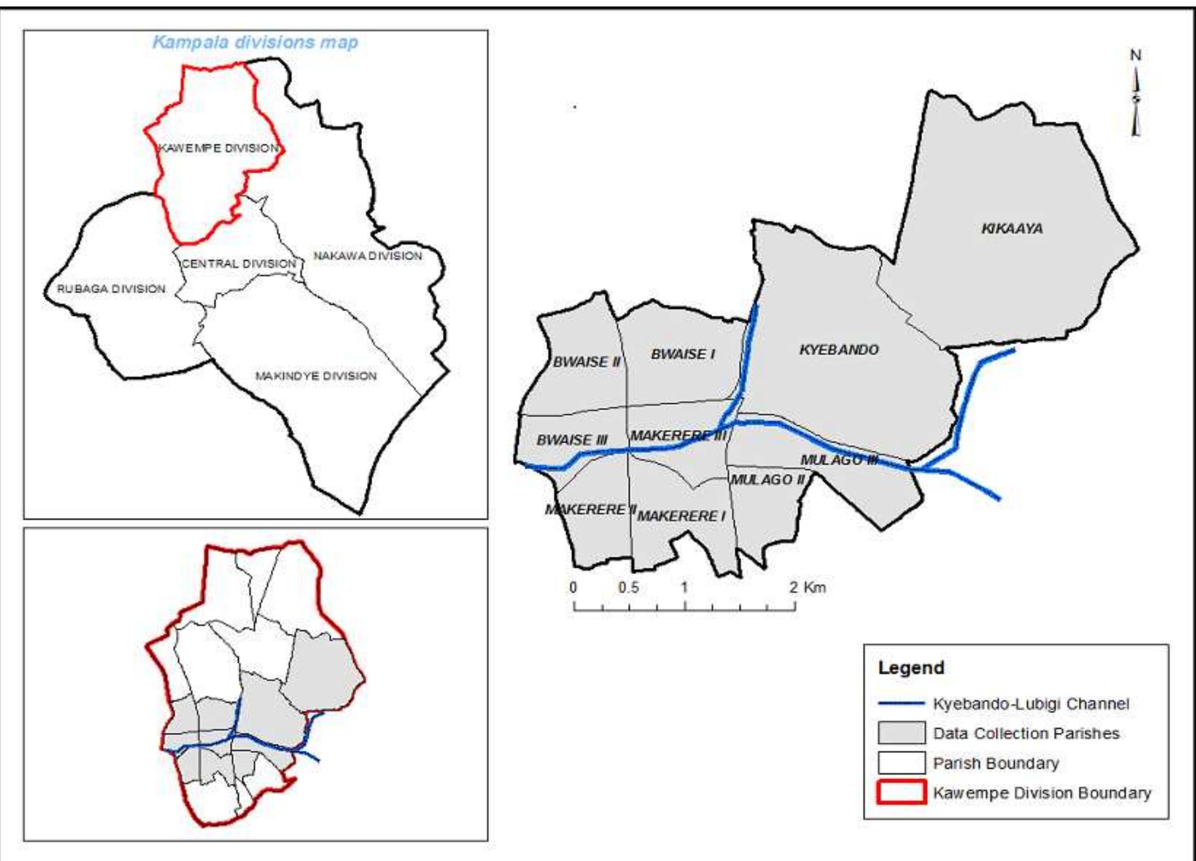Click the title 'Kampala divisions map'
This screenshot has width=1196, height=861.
(x=255, y=42)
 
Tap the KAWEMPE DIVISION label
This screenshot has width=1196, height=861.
(x=218, y=148)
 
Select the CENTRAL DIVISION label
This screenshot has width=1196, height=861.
(x=239, y=263)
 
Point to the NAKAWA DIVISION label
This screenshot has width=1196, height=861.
(x=368, y=256)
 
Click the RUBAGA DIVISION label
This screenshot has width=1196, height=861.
(x=111, y=288)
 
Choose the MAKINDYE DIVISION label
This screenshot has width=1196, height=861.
(x=316, y=376)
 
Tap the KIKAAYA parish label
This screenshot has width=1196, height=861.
(x=1012, y=228)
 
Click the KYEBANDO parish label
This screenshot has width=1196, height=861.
(x=839, y=350)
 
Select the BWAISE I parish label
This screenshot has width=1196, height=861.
(x=683, y=354)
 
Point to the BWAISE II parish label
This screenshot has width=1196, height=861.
(x=587, y=362)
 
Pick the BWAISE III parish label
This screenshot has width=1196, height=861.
(x=572, y=440)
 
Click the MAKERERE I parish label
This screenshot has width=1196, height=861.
(x=682, y=516)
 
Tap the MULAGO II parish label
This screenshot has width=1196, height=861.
(x=768, y=480)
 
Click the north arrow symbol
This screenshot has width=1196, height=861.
(x=1135, y=98)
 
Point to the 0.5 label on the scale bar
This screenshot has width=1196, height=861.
(x=628, y=588)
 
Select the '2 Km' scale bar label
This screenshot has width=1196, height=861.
(x=807, y=588)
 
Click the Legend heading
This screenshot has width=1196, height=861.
(x=911, y=668)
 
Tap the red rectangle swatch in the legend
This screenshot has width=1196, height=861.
(x=902, y=793)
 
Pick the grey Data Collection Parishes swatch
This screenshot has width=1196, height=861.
(x=902, y=733)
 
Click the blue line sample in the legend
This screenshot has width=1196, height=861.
(x=902, y=704)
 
